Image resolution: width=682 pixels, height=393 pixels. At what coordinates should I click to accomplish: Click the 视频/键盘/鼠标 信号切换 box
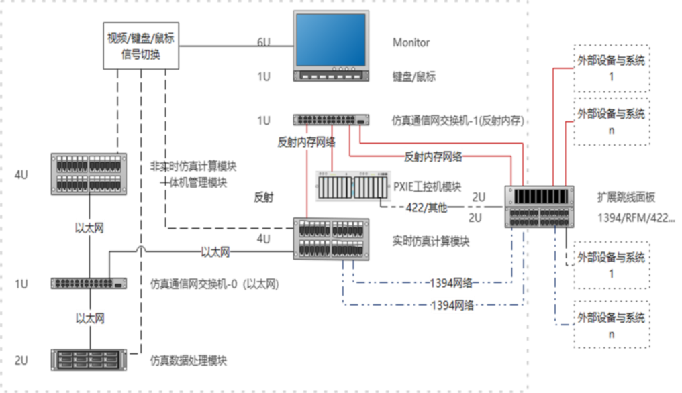click(141, 46)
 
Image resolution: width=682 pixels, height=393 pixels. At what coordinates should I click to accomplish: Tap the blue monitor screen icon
click(333, 41)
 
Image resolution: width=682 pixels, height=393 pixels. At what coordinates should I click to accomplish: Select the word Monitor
click(411, 42)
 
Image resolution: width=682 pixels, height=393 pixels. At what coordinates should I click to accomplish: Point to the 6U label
click(263, 42)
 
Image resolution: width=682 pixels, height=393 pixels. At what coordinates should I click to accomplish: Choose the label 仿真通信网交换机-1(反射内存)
click(457, 121)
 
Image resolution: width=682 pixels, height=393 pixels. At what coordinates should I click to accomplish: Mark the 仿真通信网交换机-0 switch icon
click(89, 283)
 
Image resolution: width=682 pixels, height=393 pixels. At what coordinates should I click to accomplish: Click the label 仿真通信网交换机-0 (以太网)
click(214, 284)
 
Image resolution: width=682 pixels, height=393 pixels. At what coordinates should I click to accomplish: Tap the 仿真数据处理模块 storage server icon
click(89, 359)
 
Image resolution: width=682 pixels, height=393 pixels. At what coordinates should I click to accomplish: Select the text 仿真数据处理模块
click(189, 361)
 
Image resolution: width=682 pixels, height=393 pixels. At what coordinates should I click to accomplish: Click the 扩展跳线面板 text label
click(626, 198)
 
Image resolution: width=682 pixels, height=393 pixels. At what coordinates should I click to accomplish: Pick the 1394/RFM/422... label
click(636, 218)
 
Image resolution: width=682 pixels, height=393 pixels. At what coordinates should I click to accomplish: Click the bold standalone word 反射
click(263, 198)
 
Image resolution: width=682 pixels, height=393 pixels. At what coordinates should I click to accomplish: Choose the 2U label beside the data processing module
click(21, 360)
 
